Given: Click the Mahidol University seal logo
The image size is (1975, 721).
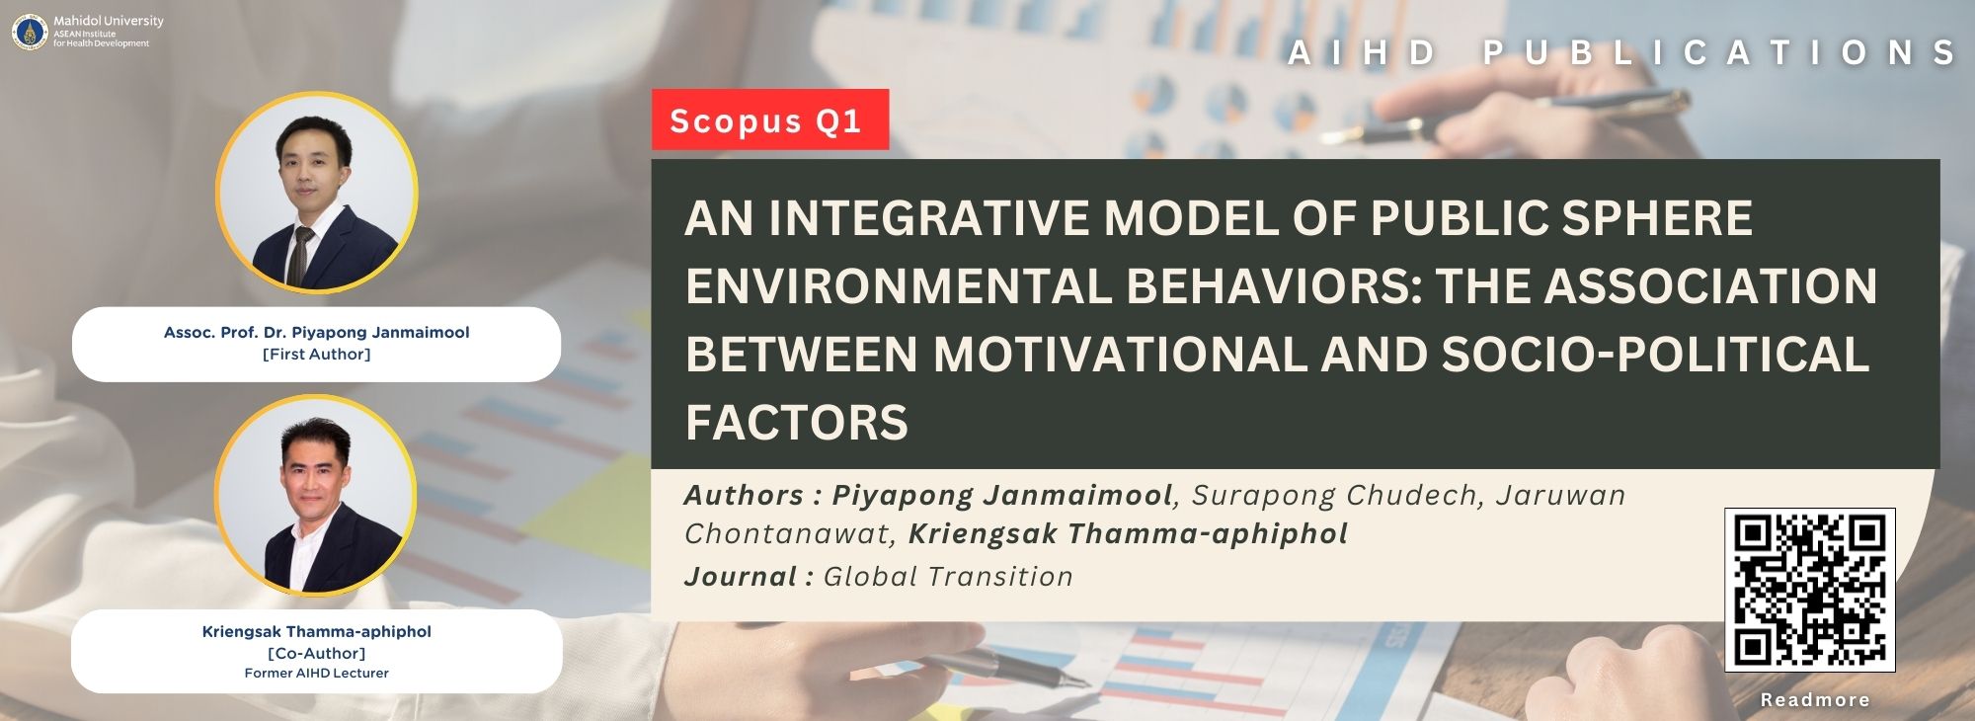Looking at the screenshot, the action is coord(30,33).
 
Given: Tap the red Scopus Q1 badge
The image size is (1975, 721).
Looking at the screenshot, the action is coord(770,120).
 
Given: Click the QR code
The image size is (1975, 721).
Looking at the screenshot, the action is coord(1810,590).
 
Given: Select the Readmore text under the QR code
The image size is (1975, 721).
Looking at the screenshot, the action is coord(1815,700).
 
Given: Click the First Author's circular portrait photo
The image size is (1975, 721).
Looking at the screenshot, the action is coord(317,194).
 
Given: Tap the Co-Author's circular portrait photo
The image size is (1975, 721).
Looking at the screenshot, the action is coord(316,496).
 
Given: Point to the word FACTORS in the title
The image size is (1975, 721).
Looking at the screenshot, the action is coord(797,423).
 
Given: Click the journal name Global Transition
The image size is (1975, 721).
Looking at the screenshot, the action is coord(948,577).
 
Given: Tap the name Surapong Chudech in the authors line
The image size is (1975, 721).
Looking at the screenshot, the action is coord(1338,496).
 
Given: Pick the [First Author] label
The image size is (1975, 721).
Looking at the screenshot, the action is coord(317,355).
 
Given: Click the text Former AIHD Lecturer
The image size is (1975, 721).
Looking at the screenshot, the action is coord(317,674).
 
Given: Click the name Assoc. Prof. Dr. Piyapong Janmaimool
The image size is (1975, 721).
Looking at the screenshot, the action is coord(317,333).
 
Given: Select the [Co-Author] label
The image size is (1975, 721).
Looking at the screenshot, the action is coord(317,654).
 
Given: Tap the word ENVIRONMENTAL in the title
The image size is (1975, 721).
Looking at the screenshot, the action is coord(899,286).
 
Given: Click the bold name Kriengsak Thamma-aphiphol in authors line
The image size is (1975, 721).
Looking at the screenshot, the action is coord(1128,534).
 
